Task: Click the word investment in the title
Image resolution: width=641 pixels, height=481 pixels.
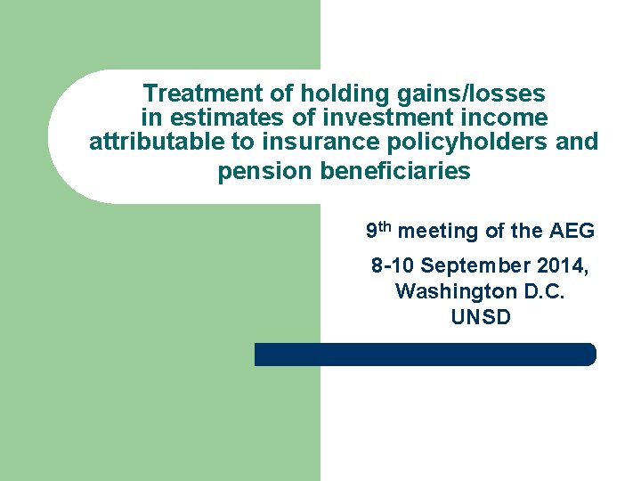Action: point(360,117)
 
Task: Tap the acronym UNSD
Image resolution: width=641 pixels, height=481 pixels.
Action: point(481,316)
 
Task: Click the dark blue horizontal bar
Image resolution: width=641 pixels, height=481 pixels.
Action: point(425,355)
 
